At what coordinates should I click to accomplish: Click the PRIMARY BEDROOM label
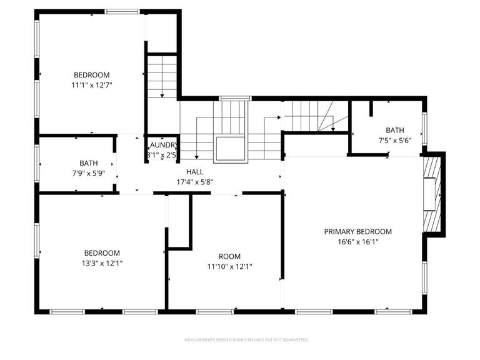pyautogui.click(x=358, y=231)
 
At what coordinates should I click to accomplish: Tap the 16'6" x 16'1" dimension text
pyautogui.click(x=358, y=241)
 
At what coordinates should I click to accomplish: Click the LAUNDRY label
pyautogui.click(x=162, y=144)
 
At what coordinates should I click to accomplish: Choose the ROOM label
pyautogui.click(x=229, y=256)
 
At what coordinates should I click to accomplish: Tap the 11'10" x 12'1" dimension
pyautogui.click(x=229, y=266)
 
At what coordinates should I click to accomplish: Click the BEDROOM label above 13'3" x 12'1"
pyautogui.click(x=102, y=252)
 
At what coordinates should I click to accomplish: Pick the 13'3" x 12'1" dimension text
pyautogui.click(x=102, y=263)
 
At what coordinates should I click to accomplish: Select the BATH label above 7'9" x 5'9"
pyautogui.click(x=89, y=163)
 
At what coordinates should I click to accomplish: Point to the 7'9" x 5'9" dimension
pyautogui.click(x=89, y=174)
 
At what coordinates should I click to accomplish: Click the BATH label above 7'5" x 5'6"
pyautogui.click(x=395, y=130)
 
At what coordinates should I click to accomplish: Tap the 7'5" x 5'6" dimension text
pyautogui.click(x=395, y=141)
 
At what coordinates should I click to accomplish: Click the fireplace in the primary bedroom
pyautogui.click(x=432, y=194)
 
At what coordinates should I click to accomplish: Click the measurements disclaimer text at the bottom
pyautogui.click(x=246, y=340)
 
